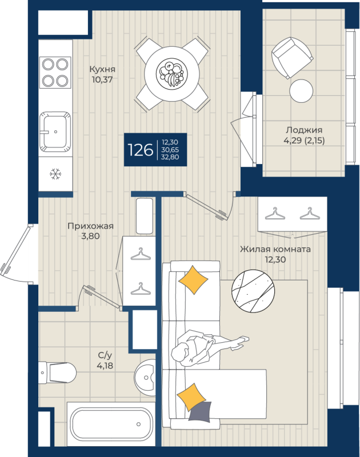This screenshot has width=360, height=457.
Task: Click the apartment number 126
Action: click(141, 150)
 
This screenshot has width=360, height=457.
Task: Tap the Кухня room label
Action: click(101, 69)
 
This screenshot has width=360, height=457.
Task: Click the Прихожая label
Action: click(90, 226)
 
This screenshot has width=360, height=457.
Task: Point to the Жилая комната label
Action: click(275, 250)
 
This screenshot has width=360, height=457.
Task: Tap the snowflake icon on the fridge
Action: click(55, 173)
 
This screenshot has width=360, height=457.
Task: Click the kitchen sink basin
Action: click(56, 131)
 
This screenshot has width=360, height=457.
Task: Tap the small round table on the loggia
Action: click(301, 89)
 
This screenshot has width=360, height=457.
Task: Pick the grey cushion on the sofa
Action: click(199, 412)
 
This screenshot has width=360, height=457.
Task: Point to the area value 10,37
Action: click(101, 80)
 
